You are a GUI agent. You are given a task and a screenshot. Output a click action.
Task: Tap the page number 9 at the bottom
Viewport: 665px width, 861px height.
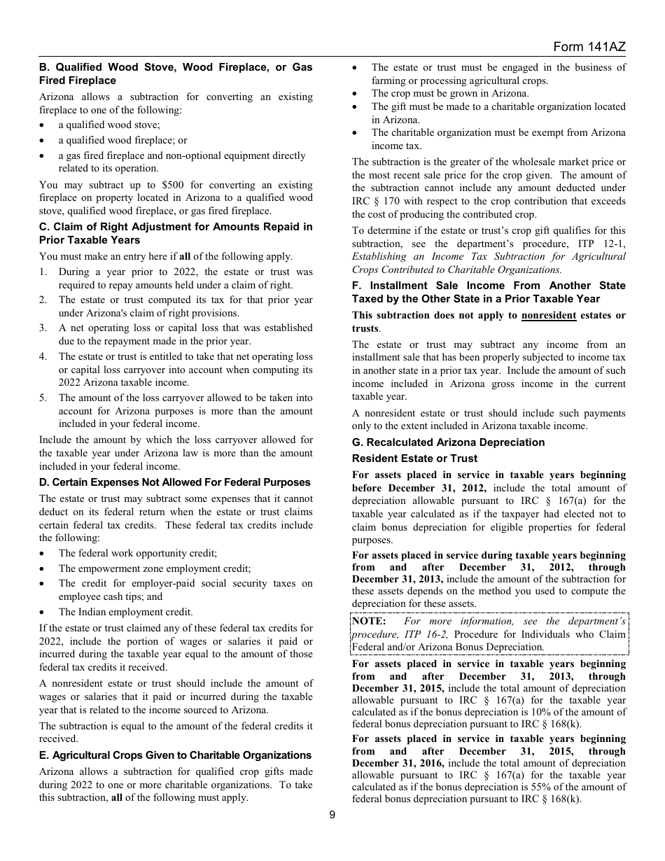[x=332, y=814]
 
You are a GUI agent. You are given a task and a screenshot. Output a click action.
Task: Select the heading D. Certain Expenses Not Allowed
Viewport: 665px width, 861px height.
[x=174, y=482]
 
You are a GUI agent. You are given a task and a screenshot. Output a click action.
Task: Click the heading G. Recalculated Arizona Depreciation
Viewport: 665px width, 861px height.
[x=448, y=442]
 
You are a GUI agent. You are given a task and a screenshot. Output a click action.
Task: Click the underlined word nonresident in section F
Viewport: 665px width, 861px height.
[x=549, y=316]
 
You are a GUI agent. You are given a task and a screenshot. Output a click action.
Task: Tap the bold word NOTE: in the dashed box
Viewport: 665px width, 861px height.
[x=369, y=621]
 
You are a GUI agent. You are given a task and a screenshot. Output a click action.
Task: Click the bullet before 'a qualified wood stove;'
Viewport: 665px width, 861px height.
[x=43, y=125]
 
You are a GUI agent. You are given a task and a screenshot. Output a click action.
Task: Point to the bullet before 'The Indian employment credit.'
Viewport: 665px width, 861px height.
[x=43, y=612]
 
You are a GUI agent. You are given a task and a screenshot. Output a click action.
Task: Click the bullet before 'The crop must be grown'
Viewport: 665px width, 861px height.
[x=356, y=94]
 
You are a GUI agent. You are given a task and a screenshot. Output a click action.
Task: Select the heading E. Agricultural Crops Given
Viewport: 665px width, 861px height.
[x=175, y=755]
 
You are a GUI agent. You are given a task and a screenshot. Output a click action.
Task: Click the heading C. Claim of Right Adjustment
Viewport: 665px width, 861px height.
[x=176, y=233]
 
